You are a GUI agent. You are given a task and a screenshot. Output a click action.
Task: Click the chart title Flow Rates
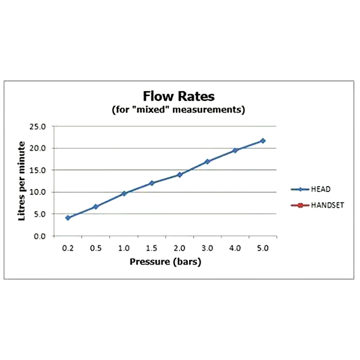(178, 96)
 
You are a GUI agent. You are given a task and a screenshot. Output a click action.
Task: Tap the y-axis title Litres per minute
(22, 181)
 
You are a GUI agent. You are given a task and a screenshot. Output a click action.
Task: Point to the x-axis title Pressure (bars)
(165, 262)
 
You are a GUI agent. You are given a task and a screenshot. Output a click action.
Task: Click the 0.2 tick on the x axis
(68, 248)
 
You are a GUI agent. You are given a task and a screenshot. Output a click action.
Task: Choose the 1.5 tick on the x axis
(151, 248)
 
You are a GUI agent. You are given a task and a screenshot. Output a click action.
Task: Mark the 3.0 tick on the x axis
(207, 248)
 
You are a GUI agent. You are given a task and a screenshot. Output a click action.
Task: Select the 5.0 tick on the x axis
(262, 248)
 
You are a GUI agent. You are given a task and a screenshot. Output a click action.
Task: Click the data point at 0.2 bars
(68, 218)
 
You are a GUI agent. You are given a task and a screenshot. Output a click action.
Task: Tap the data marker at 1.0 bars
(124, 193)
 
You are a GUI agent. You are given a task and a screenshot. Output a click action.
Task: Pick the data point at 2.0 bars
(179, 175)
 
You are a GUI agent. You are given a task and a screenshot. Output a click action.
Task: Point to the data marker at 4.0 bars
(235, 151)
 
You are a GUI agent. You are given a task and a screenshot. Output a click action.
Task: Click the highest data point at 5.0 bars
(262, 140)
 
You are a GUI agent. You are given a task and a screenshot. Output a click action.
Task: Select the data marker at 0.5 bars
(95, 206)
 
